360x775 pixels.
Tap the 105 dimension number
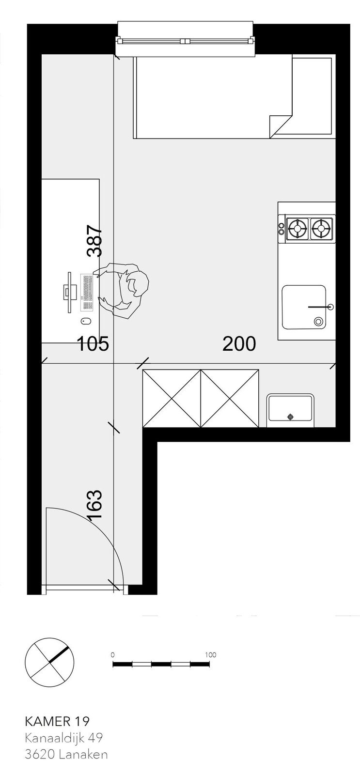click(93, 343)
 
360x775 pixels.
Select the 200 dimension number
click(239, 343)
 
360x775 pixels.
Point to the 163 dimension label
click(95, 504)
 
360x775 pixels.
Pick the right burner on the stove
click(321, 228)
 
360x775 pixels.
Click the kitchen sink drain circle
click(318, 322)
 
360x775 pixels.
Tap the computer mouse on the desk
click(86, 322)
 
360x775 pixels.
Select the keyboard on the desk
click(88, 292)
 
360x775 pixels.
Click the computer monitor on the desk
click(68, 292)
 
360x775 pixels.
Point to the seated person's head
click(137, 285)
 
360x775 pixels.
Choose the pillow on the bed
click(312, 96)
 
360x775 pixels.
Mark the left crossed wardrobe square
click(172, 398)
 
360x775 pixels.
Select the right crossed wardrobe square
click(230, 398)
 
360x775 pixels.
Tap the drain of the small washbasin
click(290, 417)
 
